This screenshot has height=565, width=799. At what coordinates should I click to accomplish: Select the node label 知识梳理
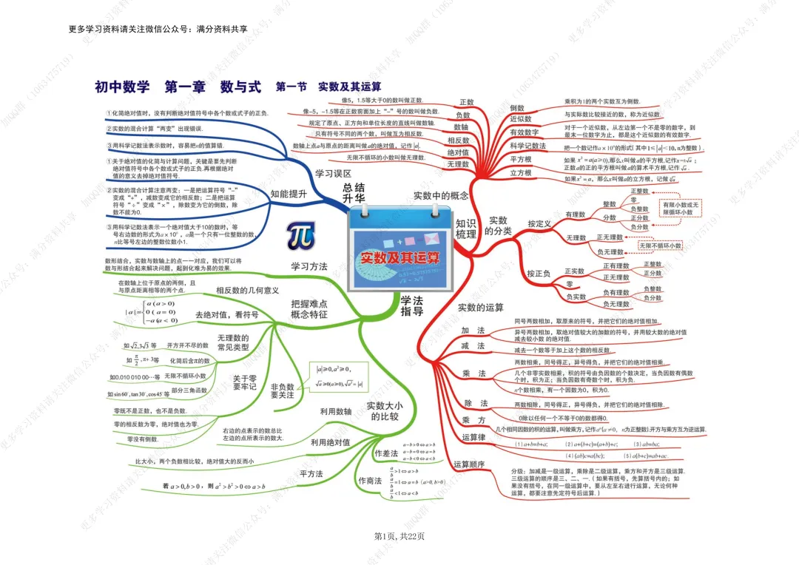pyautogui.click(x=466, y=229)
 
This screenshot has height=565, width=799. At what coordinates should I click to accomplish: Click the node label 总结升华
pyautogui.click(x=354, y=194)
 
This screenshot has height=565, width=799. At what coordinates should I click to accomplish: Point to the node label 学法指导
pyautogui.click(x=412, y=305)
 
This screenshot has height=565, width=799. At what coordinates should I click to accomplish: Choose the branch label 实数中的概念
pyautogui.click(x=441, y=196)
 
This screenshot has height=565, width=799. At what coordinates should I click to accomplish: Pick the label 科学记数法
pyautogui.click(x=528, y=146)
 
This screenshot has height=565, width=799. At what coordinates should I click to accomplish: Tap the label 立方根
pyautogui.click(x=521, y=173)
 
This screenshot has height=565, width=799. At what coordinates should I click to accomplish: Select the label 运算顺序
pyautogui.click(x=469, y=464)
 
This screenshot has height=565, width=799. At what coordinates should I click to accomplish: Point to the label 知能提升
pyautogui.click(x=289, y=194)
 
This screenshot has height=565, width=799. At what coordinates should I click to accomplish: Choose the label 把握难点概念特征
pyautogui.click(x=309, y=309)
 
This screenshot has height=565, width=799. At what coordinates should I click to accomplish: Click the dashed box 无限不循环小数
pyautogui.click(x=661, y=246)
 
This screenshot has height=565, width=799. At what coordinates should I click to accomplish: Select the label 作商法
pyautogui.click(x=370, y=481)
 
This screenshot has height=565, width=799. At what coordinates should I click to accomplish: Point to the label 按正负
pyautogui.click(x=539, y=274)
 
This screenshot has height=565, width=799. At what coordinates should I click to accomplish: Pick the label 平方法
pyautogui.click(x=311, y=473)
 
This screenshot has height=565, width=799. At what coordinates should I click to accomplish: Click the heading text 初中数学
pyautogui.click(x=122, y=87)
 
